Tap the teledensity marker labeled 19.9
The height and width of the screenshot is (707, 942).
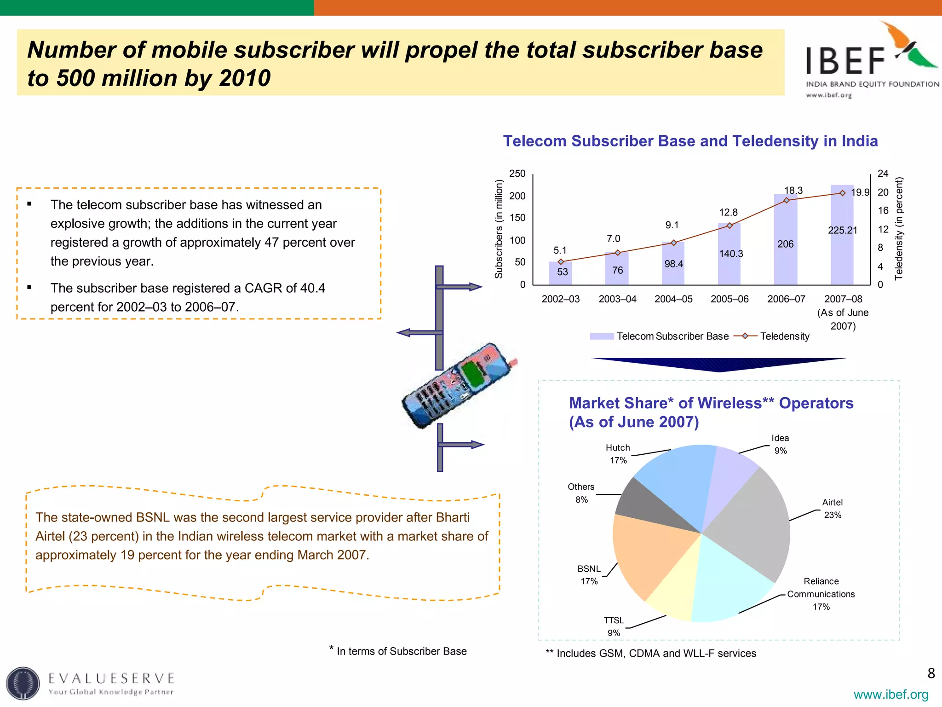point(842,193)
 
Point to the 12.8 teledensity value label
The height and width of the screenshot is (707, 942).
point(728,213)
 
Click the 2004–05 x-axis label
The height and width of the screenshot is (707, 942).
point(673,299)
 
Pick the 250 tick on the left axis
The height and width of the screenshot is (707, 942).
point(517,174)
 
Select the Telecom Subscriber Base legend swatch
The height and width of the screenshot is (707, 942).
point(602,336)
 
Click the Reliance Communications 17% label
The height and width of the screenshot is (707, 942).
point(821,594)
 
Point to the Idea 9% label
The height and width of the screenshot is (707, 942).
point(780,444)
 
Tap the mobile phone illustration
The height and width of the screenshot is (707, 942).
point(458,387)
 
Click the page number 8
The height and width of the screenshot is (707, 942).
point(931,673)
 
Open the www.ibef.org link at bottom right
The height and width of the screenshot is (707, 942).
point(891,694)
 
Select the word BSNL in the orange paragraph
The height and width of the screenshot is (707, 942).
point(153,517)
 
